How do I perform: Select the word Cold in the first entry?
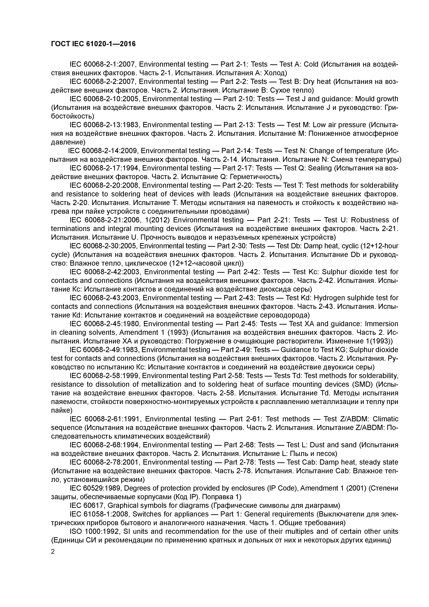point(311,64)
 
